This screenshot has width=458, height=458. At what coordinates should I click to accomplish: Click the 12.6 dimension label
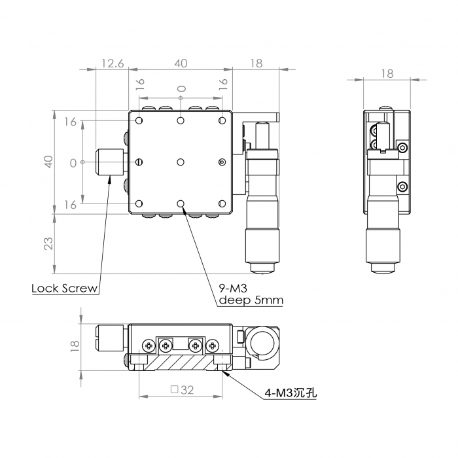pos(113,63)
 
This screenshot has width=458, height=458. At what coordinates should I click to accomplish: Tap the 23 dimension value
pos(48,243)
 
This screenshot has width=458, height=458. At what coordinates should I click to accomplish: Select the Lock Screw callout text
pos(65,289)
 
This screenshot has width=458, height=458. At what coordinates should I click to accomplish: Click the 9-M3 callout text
pos(233,289)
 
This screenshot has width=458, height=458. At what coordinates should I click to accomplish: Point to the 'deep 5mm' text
pos(251,300)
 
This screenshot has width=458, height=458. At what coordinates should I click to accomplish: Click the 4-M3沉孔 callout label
pos(291,393)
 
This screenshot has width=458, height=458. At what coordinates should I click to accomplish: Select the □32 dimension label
pos(182,390)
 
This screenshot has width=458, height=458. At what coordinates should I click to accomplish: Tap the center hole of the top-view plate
pos(181,162)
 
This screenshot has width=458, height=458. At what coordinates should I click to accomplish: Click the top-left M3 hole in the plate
pos(139,120)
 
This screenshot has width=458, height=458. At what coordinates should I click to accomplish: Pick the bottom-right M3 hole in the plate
pos(222,203)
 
